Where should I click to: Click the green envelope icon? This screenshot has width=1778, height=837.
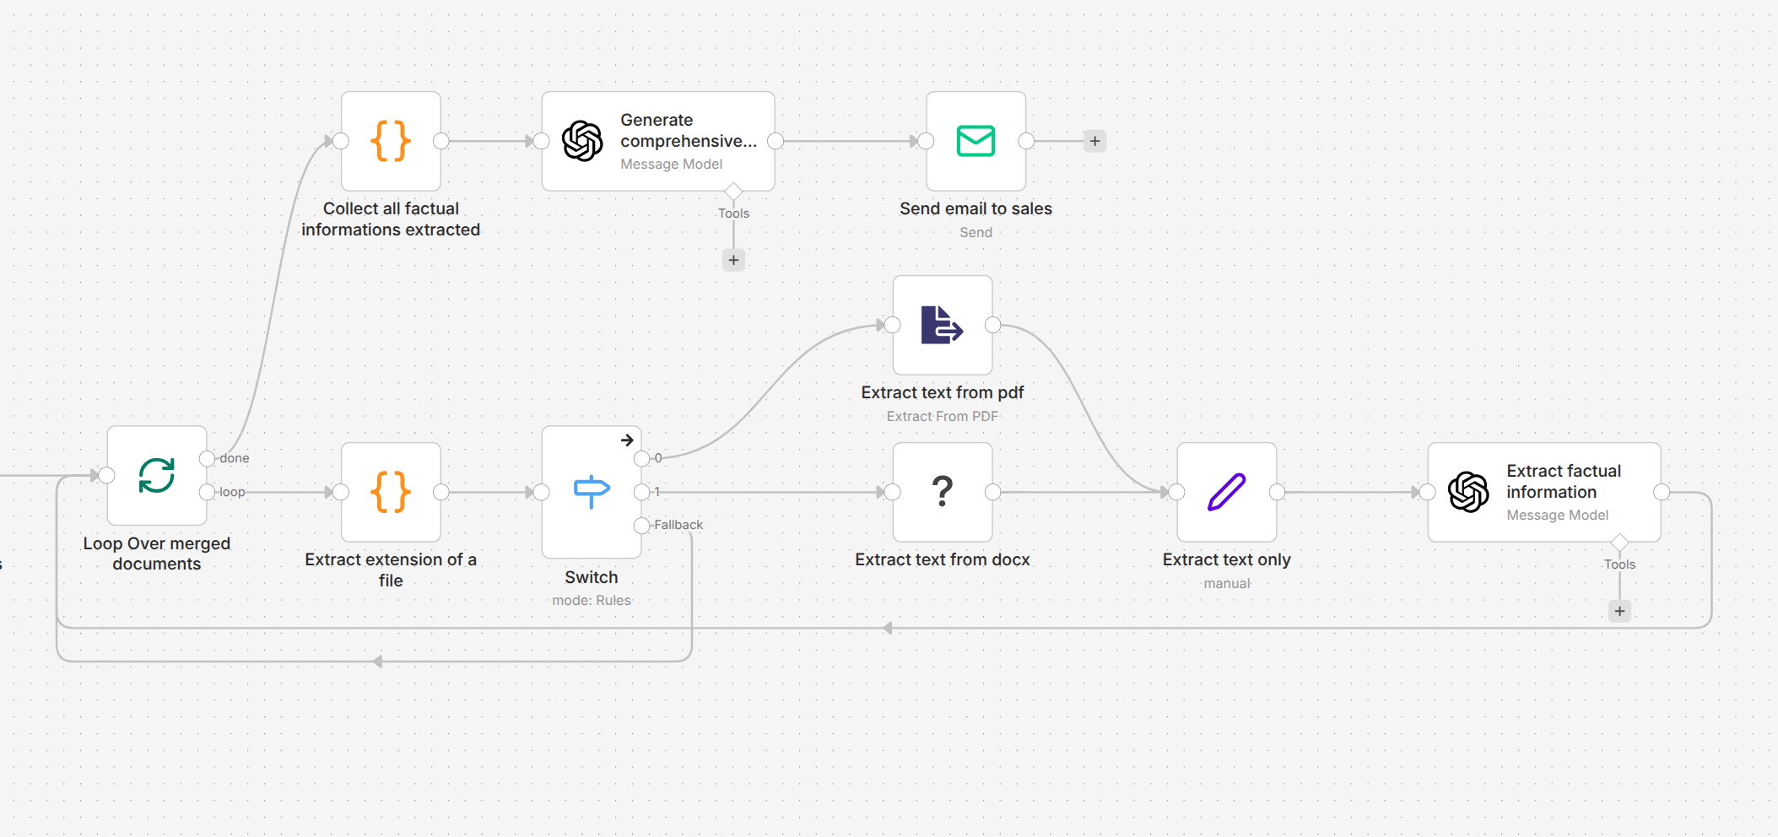[x=975, y=141]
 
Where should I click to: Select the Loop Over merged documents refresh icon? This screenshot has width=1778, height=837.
[x=157, y=476]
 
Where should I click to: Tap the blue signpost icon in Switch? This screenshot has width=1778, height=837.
[x=592, y=491]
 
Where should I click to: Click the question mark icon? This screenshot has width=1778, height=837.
[x=943, y=491]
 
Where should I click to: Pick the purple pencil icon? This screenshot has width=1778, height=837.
[x=1226, y=492]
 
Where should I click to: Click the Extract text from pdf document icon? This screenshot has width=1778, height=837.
[x=942, y=325]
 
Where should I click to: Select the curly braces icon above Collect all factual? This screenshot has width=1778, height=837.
[x=391, y=141]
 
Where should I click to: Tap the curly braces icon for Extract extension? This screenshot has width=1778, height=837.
[x=391, y=492]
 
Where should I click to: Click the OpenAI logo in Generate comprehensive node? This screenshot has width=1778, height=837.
[x=582, y=141]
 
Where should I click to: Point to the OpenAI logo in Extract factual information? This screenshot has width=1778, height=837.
[x=1468, y=492]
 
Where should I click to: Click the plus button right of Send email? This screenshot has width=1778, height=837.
[x=1094, y=141]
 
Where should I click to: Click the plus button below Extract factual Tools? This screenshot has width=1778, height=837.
[x=1619, y=611]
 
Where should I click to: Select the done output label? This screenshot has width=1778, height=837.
[x=235, y=458]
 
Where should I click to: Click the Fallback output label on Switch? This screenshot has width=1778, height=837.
[x=678, y=525]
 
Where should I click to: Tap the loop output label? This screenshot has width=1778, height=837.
[x=232, y=492]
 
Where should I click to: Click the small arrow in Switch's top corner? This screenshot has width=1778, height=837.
[x=627, y=440]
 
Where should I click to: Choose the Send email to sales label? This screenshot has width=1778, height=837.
[x=975, y=208]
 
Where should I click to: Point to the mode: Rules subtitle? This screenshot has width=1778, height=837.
[x=592, y=600]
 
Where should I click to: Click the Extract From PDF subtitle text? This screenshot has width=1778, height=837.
[x=942, y=416]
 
